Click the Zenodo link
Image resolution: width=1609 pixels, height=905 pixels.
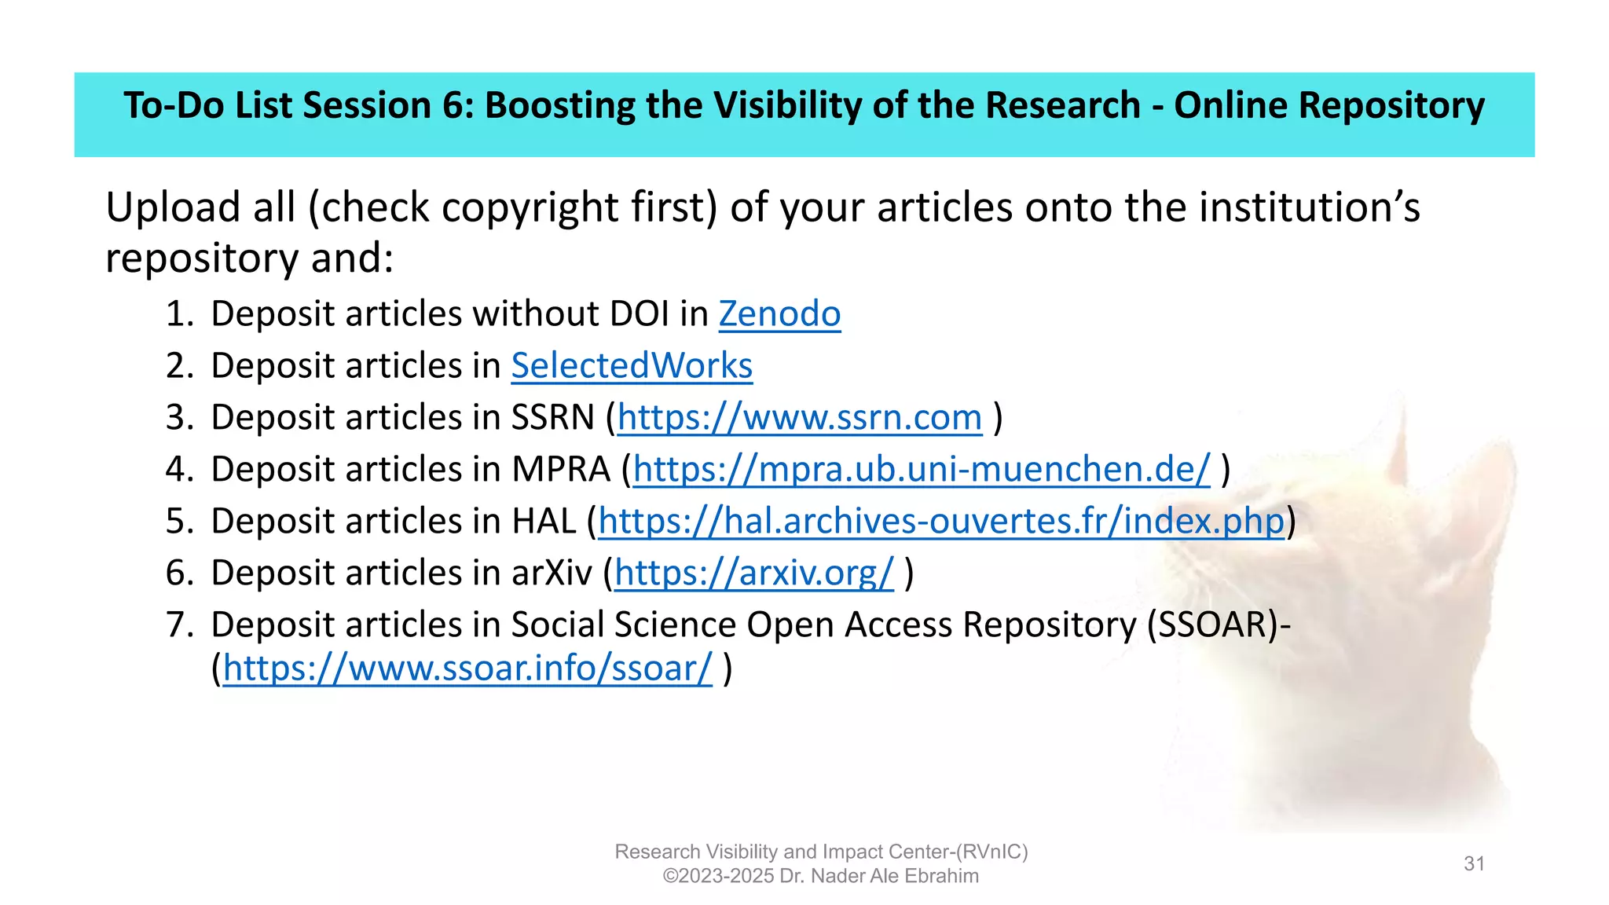pos(779,314)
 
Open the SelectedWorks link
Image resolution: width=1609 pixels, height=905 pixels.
pos(632,366)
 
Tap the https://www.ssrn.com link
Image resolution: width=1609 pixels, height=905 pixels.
pos(800,418)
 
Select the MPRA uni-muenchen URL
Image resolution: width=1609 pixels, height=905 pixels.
pos(922,470)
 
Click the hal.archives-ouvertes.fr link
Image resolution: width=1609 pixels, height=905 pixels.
pos(941,522)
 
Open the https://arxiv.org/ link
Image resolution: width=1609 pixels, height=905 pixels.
pos(753,573)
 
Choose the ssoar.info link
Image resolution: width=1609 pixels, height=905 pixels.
pos(467,669)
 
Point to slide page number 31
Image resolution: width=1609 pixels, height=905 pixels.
pos(1474,864)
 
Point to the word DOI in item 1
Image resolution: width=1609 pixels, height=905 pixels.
pos(640,314)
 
